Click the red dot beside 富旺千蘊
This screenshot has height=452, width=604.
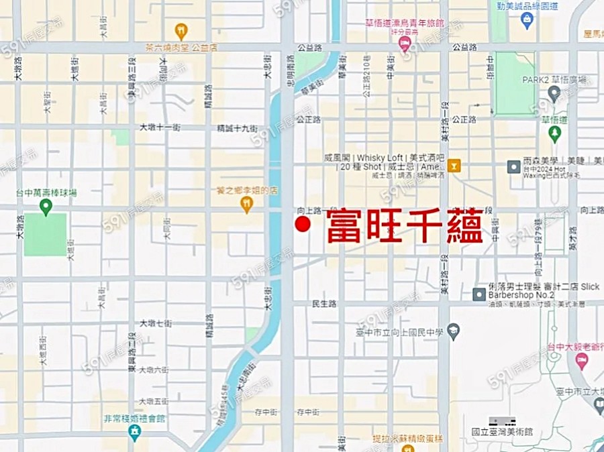pos(303,225)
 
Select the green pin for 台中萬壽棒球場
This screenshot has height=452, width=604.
pos(46,207)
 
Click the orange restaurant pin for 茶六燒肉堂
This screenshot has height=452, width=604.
pos(181,31)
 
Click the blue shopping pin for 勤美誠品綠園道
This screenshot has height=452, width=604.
pos(527,20)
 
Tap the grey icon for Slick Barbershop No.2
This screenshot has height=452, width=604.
pos(479,294)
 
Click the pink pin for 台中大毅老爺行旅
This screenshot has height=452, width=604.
pos(581,361)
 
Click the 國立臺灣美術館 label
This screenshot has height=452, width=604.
pos(502,433)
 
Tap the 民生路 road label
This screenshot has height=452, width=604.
pos(324,304)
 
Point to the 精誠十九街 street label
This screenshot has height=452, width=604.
pos(237,127)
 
